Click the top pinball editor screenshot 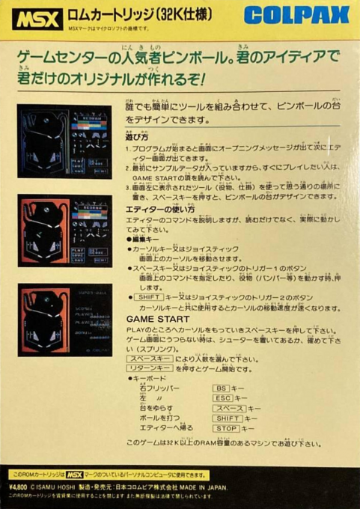64,140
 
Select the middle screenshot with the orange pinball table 64,231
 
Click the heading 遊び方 138,138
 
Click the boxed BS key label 221,388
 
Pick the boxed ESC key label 223,398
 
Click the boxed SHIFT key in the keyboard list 228,418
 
